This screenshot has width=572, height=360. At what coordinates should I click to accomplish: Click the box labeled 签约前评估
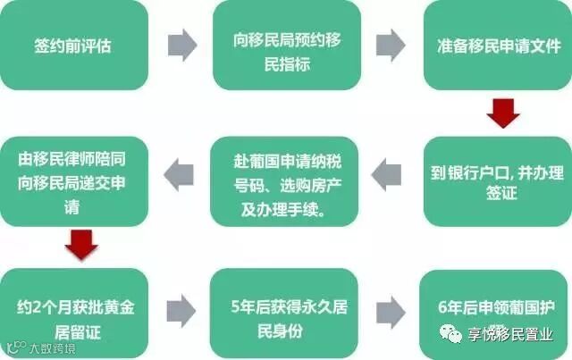pos(74,45)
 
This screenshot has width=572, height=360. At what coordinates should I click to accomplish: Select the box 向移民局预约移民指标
pos(286,45)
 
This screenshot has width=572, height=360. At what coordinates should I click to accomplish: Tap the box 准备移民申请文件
pos(496,45)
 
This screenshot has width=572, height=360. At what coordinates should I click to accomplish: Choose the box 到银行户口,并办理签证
pos(496,181)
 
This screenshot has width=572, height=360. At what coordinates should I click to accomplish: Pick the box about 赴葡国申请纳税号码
pos(284,181)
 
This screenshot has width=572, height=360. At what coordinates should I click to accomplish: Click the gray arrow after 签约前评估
pos(181,45)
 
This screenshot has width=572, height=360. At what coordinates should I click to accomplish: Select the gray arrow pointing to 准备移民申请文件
pos(391,45)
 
